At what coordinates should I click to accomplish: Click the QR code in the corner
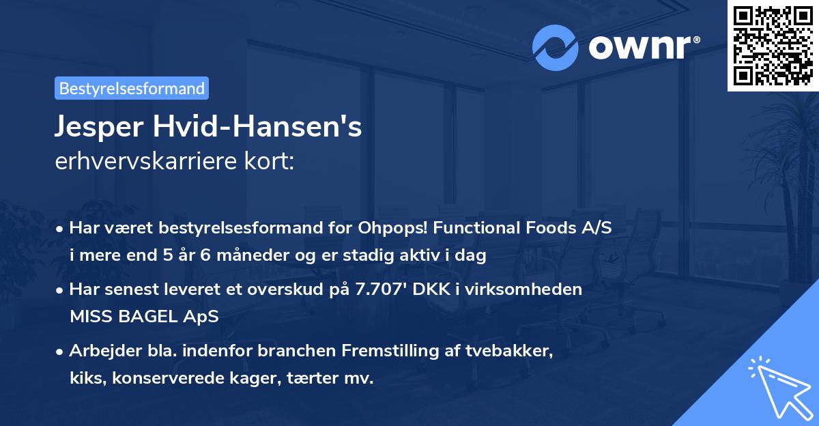click(773, 46)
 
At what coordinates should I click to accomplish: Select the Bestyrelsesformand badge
click(132, 88)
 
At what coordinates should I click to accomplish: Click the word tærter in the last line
click(313, 379)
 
